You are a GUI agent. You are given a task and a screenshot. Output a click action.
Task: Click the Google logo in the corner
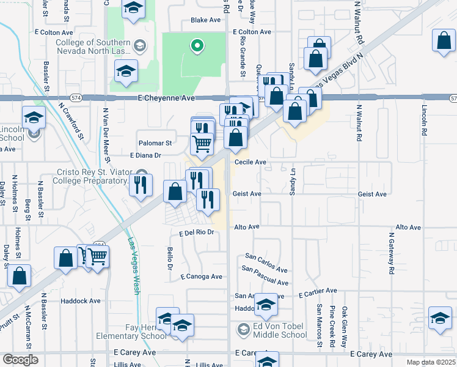click(21, 360)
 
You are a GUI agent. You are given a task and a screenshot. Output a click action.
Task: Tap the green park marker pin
click(197, 45)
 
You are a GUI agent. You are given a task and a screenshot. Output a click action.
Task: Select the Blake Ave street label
click(205, 20)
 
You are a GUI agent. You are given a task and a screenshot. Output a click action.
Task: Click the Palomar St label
click(155, 143)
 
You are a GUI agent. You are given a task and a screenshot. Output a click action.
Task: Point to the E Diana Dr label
click(145, 155)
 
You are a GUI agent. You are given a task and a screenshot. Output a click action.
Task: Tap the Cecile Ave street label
click(250, 162)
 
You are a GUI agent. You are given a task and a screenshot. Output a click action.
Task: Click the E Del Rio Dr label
click(198, 232)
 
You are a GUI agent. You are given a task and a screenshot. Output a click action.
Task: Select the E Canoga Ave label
click(201, 276)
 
